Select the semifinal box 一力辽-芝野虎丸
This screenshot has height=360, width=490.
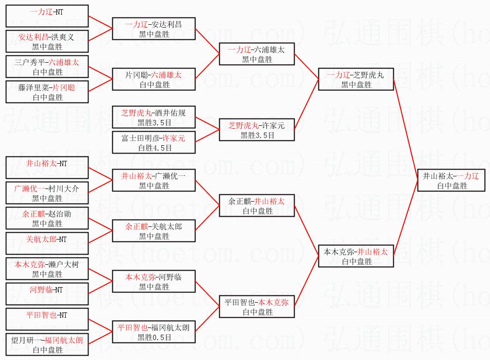pyautogui.click(x=355, y=80)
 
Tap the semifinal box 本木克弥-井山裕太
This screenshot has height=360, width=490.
pyautogui.click(x=355, y=256)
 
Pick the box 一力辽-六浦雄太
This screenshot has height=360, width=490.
pyautogui.click(x=257, y=54)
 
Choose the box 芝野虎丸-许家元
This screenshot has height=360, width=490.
pyautogui.click(x=257, y=130)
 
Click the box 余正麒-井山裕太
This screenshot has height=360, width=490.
pyautogui.click(x=257, y=206)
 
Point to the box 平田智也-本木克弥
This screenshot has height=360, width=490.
pyautogui.click(x=257, y=307)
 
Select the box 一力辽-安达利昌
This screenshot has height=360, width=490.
pyautogui.click(x=154, y=29)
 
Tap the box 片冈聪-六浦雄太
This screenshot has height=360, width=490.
pyautogui.click(x=154, y=79)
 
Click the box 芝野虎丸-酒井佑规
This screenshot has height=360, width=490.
pyautogui.click(x=154, y=117)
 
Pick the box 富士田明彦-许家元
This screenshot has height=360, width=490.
pyautogui.click(x=154, y=143)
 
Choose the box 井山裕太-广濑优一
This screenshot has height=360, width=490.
pyautogui.click(x=154, y=180)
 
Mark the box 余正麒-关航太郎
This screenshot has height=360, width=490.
pyautogui.click(x=154, y=231)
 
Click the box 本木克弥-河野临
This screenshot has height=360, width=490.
pyautogui.click(x=154, y=282)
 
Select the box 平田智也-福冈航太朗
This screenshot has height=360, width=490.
pyautogui.click(x=154, y=332)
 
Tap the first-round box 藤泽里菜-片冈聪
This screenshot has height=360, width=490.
pyautogui.click(x=47, y=92)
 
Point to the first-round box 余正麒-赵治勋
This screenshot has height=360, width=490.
pyautogui.click(x=47, y=219)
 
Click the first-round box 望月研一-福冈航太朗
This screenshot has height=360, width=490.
pyautogui.click(x=47, y=345)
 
